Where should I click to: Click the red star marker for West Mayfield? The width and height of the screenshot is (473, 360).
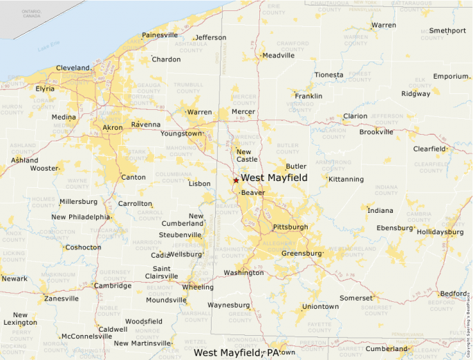click(236, 180)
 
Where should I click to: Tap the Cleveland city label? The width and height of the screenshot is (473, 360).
click(73, 68)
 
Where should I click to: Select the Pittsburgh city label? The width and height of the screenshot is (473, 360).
click(290, 227)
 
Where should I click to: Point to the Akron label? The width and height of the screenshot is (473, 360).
click(113, 128)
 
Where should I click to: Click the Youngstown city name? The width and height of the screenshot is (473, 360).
click(181, 133)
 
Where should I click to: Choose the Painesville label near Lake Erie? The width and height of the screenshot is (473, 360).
click(160, 35)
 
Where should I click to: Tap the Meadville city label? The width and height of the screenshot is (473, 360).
click(278, 55)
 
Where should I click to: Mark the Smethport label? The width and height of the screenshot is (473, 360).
click(447, 30)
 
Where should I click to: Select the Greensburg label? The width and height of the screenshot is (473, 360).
click(302, 254)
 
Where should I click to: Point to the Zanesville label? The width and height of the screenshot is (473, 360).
click(62, 299)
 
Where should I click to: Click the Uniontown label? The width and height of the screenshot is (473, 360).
click(320, 306)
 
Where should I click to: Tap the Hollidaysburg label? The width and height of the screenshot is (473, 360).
click(440, 232)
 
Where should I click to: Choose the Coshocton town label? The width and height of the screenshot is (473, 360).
click(83, 247)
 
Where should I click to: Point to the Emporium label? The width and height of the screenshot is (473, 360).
click(451, 76)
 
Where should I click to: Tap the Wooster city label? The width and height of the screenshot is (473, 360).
click(44, 168)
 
